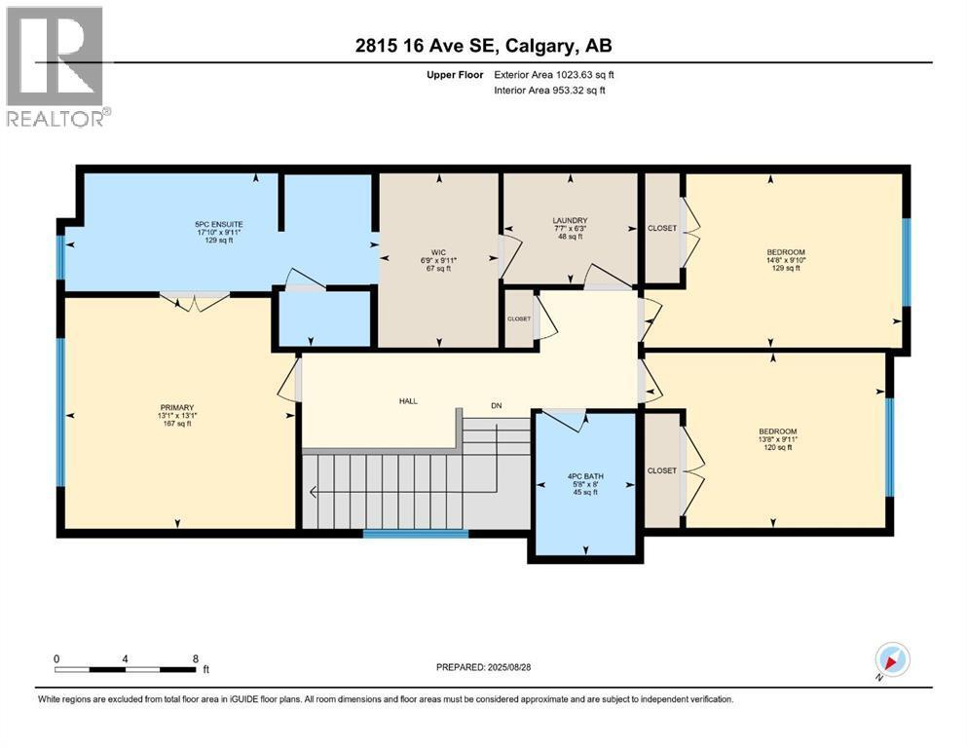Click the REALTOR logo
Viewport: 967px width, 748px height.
click(55, 65)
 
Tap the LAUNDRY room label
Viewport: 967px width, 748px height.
click(570, 228)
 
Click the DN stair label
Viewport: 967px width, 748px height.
click(497, 405)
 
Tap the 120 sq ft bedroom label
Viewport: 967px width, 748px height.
click(778, 439)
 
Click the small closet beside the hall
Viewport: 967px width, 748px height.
click(518, 318)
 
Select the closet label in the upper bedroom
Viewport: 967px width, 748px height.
click(662, 228)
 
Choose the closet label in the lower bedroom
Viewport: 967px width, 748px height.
click(662, 470)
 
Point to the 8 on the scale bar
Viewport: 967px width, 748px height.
click(196, 658)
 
